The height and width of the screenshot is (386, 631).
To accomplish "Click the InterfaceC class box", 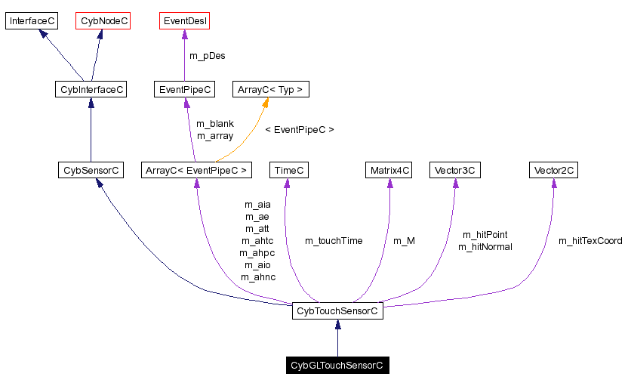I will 32,21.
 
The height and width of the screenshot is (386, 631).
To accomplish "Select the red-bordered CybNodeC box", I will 103,21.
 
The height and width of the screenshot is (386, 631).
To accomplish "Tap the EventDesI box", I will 185,21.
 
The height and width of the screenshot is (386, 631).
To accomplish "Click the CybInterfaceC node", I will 91,90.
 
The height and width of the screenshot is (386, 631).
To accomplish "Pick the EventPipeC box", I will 184,90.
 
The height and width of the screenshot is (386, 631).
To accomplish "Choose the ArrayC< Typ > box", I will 270,90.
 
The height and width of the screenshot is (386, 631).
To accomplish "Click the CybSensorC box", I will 91,171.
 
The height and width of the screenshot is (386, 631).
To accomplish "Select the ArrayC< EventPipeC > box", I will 196,171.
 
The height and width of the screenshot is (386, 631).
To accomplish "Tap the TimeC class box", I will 290,171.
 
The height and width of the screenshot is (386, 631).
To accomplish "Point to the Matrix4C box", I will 389,171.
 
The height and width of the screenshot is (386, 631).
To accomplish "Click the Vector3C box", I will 455,171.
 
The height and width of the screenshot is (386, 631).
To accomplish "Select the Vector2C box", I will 553,171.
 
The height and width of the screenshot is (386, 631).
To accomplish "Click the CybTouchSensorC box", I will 337,310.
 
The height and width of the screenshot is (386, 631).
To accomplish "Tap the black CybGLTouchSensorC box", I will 337,366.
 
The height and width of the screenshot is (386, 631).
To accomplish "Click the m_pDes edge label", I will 207,56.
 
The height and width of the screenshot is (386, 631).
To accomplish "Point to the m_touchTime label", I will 334,241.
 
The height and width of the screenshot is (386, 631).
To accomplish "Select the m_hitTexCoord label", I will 590,241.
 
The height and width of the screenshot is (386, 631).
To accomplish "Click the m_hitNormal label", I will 485,247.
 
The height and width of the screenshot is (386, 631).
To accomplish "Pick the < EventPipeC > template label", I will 300,130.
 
